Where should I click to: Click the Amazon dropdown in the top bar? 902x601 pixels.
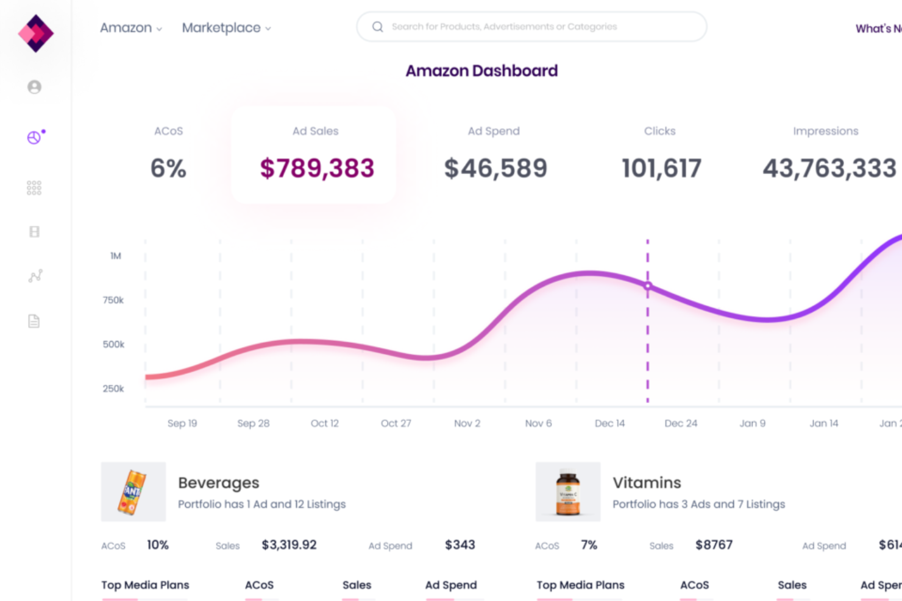pos(130,28)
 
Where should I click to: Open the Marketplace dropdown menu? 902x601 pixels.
pos(226,28)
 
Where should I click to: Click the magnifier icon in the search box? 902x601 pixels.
pos(378,27)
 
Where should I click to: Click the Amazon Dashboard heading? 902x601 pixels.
pos(481,71)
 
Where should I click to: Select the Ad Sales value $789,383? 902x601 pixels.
pos(317,168)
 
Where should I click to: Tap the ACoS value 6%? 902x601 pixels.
pos(168,168)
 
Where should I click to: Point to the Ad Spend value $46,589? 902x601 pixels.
pos(495,168)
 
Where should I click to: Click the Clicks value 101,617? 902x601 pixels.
pos(661,168)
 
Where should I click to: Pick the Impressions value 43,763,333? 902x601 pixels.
pos(829,168)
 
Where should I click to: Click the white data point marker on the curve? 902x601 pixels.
pos(648,286)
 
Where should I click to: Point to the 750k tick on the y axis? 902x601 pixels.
pos(113,300)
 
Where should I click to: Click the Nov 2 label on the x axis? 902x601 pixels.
pos(467,423)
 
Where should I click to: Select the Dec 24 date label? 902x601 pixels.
pos(681,423)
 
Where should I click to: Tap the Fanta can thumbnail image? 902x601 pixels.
pos(133,491)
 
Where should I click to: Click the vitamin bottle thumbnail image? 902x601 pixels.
pos(567,491)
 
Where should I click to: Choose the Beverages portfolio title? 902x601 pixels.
pos(218,483)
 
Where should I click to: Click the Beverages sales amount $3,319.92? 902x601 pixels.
pos(289,545)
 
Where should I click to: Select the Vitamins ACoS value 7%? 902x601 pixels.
pos(589,545)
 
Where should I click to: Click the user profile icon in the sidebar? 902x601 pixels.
pos(35,87)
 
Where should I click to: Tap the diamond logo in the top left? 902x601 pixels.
pos(36,33)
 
